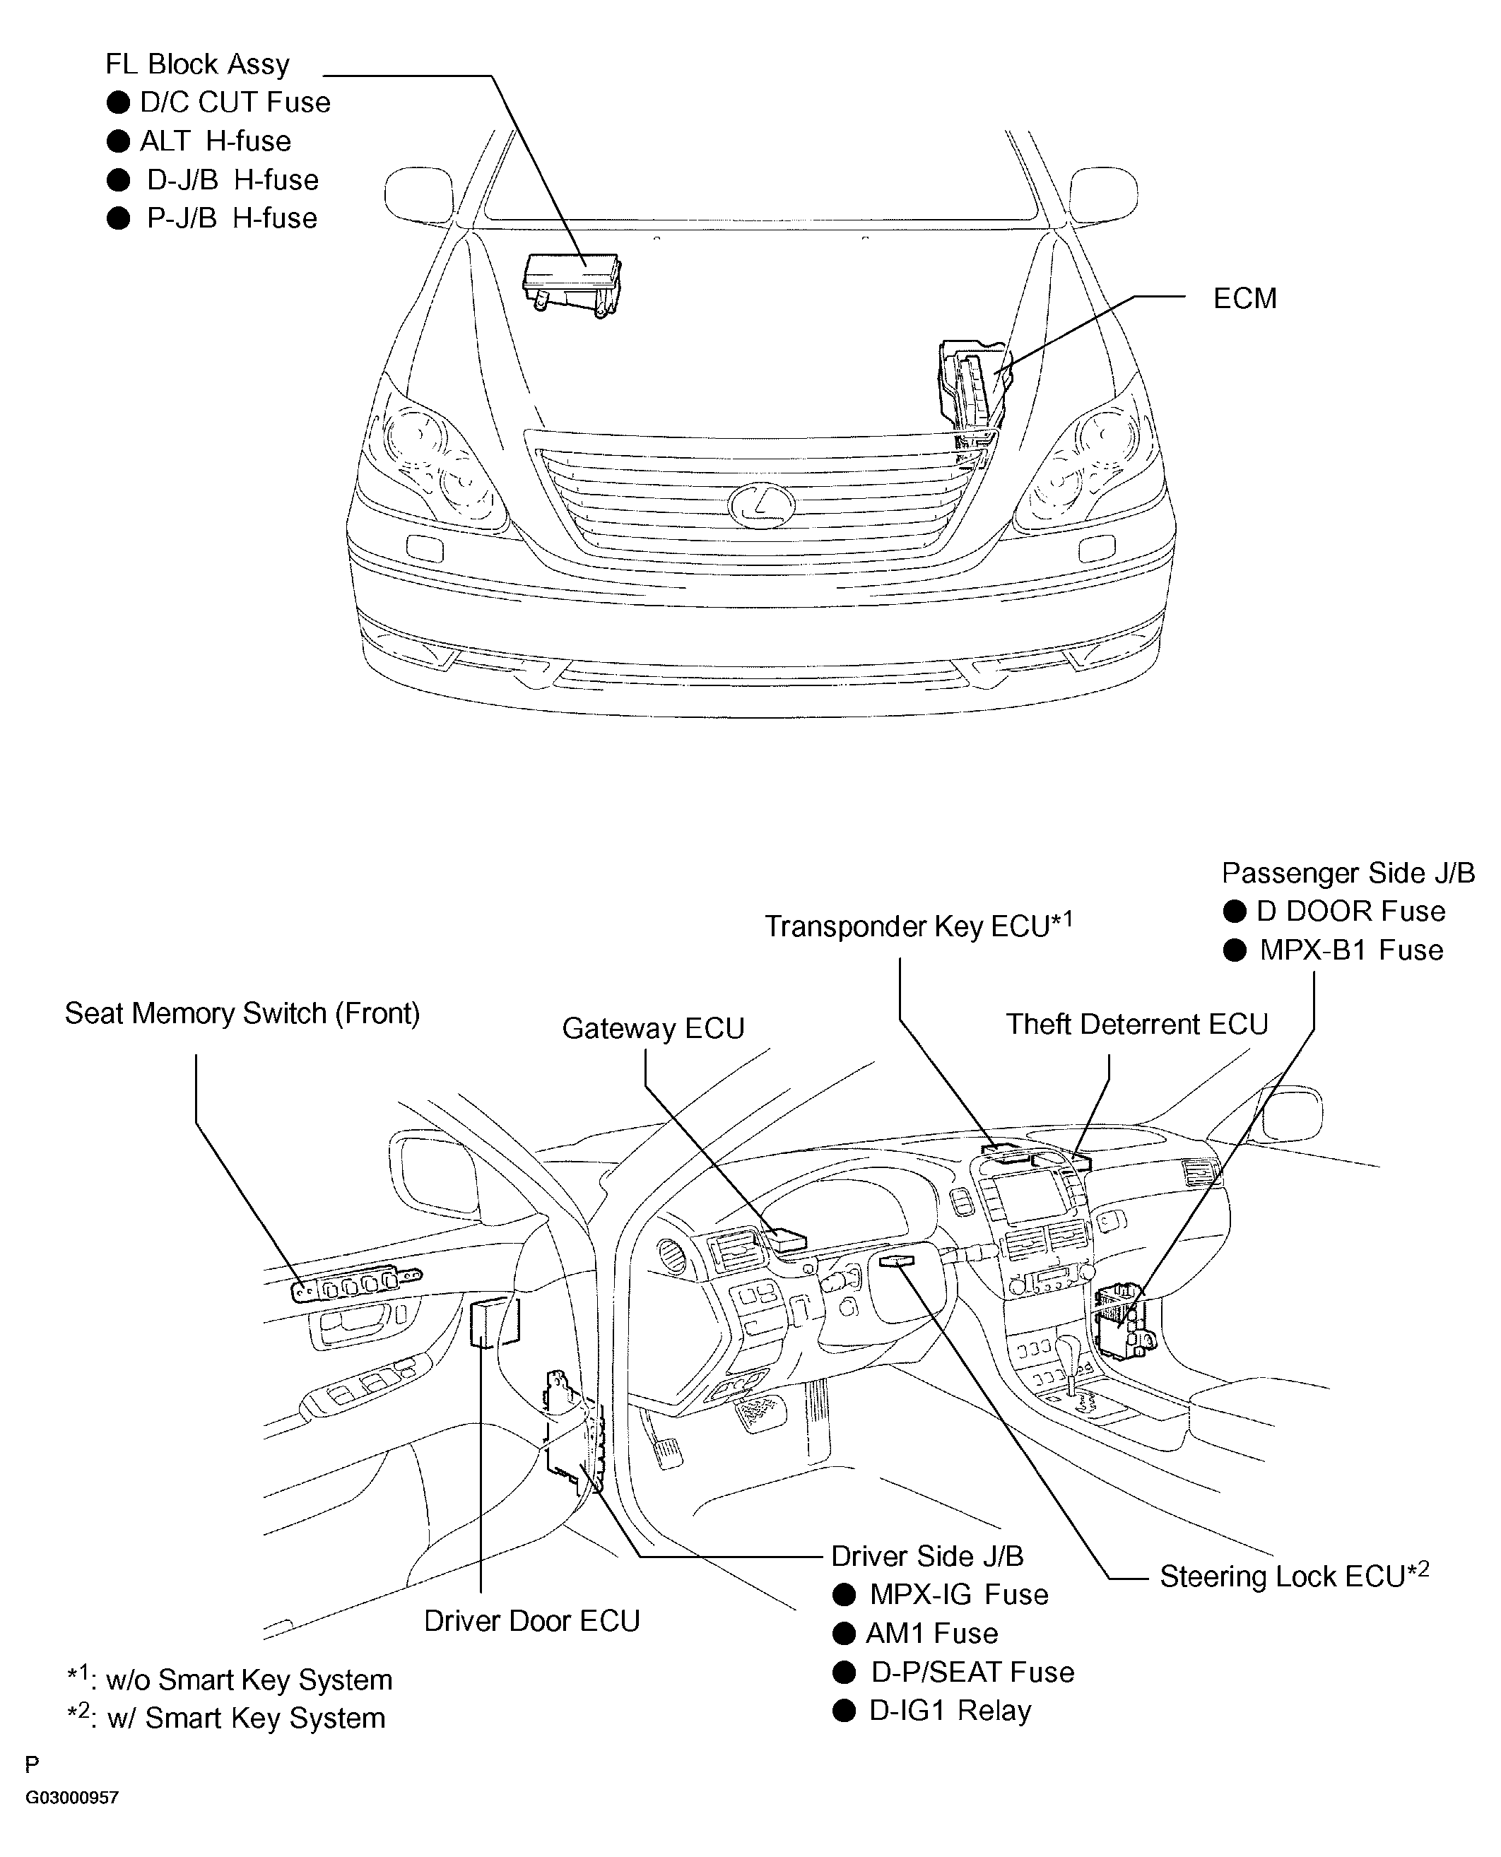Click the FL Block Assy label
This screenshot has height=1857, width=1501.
click(x=197, y=65)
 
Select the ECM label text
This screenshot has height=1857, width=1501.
click(x=1244, y=298)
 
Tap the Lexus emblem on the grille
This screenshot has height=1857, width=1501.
click(x=761, y=505)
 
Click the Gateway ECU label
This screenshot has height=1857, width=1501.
click(x=653, y=1028)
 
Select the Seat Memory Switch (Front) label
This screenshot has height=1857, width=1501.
click(x=242, y=1013)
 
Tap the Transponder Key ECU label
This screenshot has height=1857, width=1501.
click(x=917, y=926)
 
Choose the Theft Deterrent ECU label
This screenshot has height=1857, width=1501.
click(x=1136, y=1024)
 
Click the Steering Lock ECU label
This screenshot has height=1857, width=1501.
click(x=1293, y=1575)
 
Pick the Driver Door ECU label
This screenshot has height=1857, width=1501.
click(x=531, y=1620)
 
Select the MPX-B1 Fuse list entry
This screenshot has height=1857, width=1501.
click(x=1350, y=950)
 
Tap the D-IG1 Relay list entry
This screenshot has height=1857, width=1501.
click(x=949, y=1710)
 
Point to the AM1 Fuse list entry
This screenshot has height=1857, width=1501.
click(x=931, y=1633)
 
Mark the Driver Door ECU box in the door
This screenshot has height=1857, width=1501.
click(x=495, y=1321)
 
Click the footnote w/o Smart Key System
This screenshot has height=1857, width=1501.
click(x=248, y=1680)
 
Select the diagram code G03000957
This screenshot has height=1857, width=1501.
click(x=72, y=1798)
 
